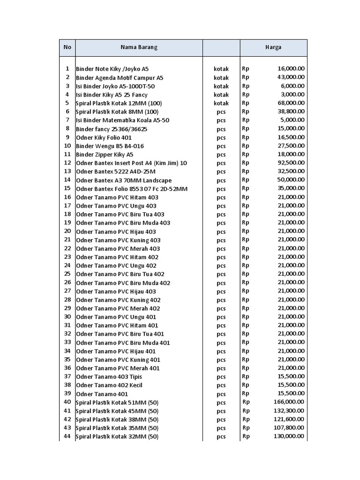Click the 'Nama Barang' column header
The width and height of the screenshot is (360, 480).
(139, 47)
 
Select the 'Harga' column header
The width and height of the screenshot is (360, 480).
(273, 47)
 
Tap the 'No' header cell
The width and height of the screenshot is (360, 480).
(67, 47)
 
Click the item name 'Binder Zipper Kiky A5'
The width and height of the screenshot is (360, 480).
(105, 154)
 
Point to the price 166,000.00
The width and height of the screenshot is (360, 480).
(289, 402)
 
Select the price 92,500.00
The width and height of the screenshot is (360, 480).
(291, 163)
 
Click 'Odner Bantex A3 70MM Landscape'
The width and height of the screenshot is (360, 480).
(124, 180)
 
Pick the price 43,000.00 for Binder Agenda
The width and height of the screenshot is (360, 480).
(291, 77)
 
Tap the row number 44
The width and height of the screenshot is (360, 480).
(67, 436)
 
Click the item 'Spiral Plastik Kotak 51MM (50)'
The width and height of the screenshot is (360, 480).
(117, 402)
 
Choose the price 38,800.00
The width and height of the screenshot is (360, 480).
(291, 112)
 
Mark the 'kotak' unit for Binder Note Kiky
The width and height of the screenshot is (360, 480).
(221, 69)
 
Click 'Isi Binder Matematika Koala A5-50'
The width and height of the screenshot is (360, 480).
(122, 120)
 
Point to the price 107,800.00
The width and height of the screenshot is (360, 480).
(289, 427)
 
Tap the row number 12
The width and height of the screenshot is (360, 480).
(67, 163)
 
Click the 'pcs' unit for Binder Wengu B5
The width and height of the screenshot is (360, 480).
(221, 146)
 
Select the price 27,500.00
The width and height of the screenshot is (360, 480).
(291, 146)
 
